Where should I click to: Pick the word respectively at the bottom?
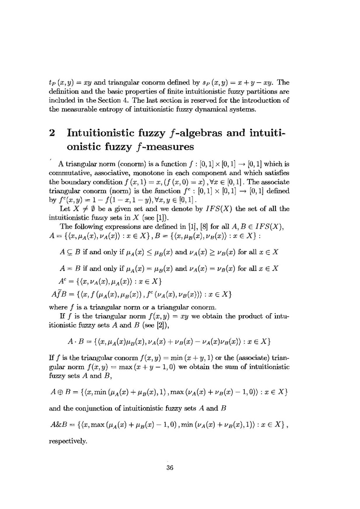[68, 441]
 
